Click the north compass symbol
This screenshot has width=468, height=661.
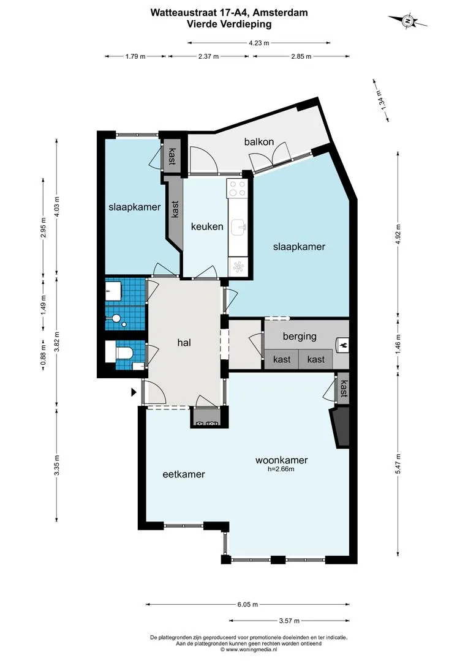[407, 21]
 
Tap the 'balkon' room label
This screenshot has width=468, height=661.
[259, 141]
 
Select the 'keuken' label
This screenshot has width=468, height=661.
[207, 226]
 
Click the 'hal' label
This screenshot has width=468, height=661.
[184, 343]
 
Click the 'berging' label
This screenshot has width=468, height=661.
[300, 337]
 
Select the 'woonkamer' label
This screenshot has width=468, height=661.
[282, 460]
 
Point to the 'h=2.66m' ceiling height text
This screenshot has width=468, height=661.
[281, 469]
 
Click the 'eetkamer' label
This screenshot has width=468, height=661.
[184, 474]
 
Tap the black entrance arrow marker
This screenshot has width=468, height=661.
[134, 392]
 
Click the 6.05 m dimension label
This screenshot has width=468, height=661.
[247, 605]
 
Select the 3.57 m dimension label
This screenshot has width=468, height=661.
[289, 621]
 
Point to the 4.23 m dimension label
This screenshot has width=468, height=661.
[259, 43]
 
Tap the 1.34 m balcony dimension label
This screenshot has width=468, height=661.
[380, 100]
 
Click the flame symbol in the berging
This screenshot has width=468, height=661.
[342, 345]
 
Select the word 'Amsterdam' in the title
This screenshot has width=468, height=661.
[280, 13]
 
